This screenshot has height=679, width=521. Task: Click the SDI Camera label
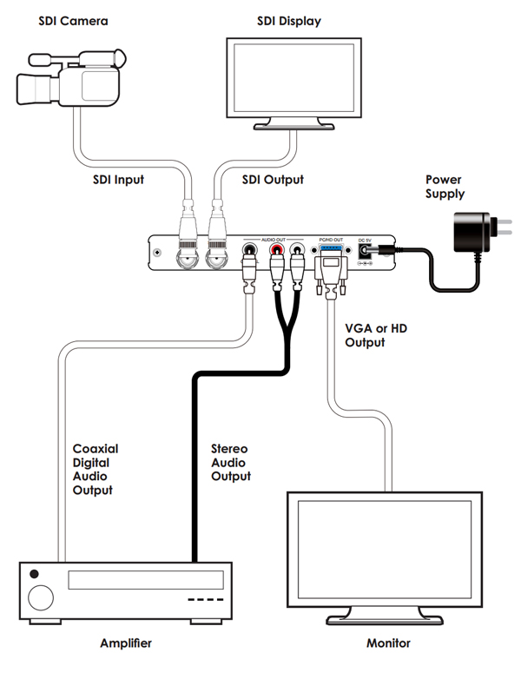73,20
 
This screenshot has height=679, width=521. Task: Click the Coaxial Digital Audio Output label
95,470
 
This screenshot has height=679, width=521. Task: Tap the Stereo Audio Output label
231,462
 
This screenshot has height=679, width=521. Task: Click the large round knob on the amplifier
39,598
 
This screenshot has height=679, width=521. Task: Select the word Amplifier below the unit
127,643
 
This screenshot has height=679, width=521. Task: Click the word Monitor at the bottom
386,643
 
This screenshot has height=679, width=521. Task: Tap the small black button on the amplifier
34,574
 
